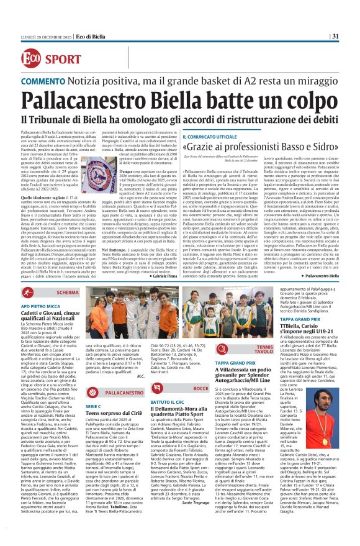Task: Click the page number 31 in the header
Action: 335,35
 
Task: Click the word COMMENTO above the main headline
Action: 45,81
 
